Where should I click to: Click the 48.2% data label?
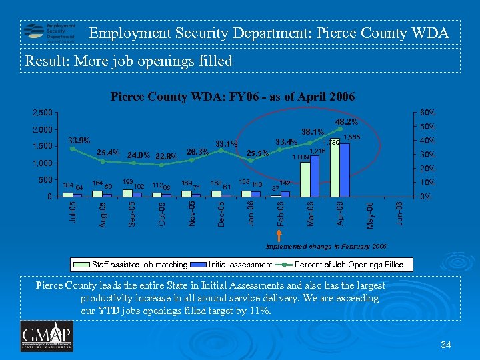(346, 121)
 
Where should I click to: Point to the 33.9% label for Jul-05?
(81, 141)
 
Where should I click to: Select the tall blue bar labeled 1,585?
(344, 169)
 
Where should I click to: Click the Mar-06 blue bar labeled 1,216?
(314, 176)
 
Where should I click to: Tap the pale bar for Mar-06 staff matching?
(305, 179)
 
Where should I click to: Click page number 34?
(446, 344)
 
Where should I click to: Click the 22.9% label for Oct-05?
(166, 157)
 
